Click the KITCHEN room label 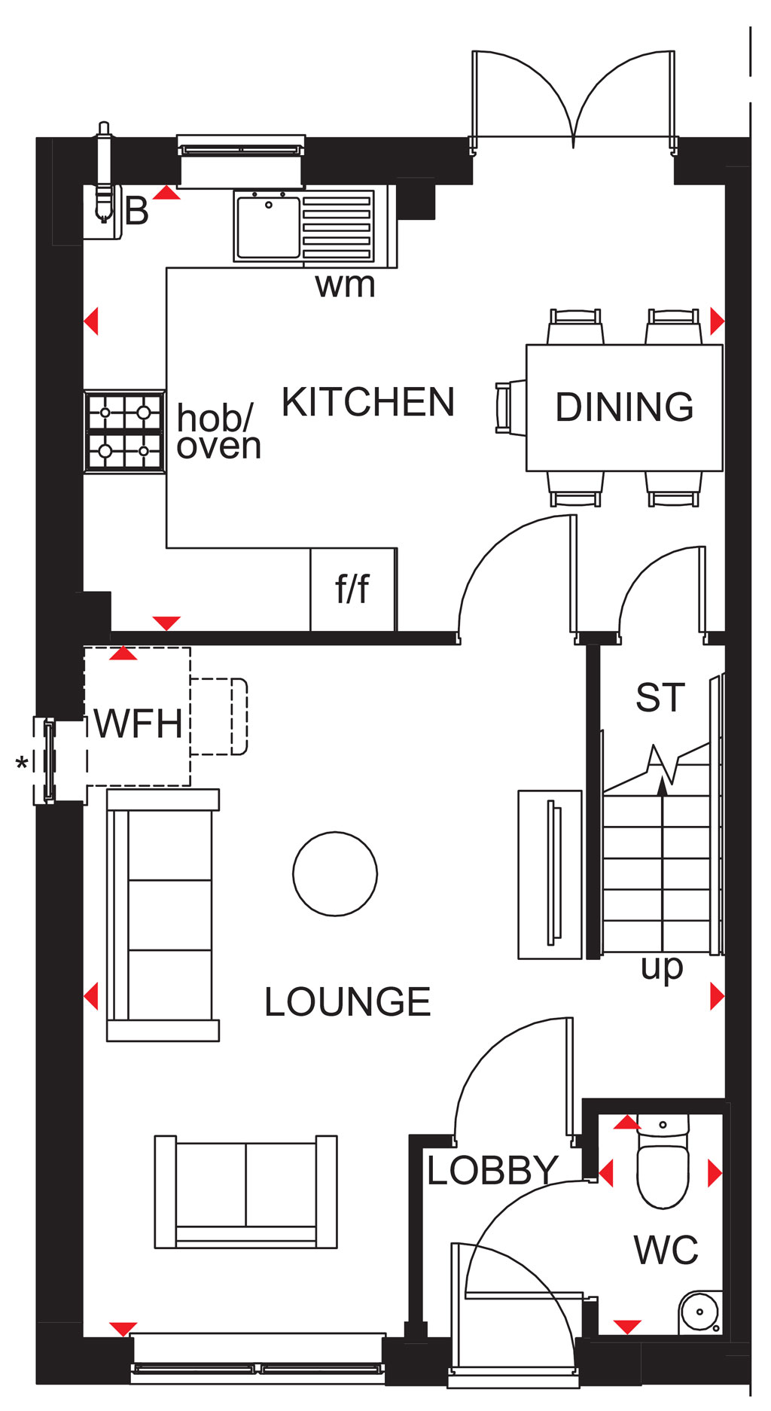click(x=368, y=402)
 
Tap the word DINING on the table click(x=624, y=407)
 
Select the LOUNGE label click(x=347, y=1002)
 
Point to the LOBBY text click(x=492, y=1170)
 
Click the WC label click(x=666, y=1251)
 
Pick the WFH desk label click(x=139, y=724)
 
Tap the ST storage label click(x=660, y=698)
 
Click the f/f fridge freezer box click(x=353, y=589)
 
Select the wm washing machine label click(x=345, y=285)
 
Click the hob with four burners click(x=125, y=431)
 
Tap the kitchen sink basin click(x=269, y=225)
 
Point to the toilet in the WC click(x=663, y=1163)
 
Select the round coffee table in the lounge click(x=335, y=873)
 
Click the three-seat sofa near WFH click(x=163, y=915)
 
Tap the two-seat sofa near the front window click(x=246, y=1191)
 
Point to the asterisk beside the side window click(x=23, y=763)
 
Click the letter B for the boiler click(x=137, y=211)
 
